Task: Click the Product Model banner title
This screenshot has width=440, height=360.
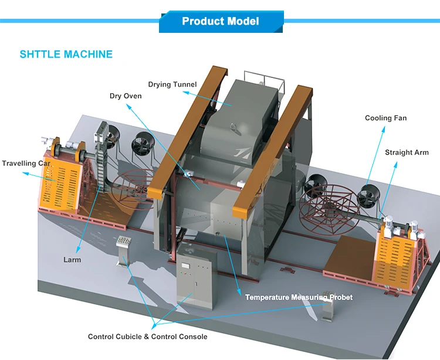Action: (220, 21)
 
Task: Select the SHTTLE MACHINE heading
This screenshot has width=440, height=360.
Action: (66, 54)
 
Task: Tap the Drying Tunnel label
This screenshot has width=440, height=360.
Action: (172, 84)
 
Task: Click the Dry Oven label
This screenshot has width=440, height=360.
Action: (126, 96)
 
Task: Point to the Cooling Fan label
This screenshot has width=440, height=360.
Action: (385, 118)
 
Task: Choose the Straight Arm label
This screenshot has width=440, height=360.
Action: (407, 152)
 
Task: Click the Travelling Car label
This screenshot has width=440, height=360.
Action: (26, 163)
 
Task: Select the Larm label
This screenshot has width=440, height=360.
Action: (72, 260)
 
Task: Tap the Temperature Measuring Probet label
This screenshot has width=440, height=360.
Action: (299, 297)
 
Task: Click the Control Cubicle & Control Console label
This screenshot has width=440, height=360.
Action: (148, 337)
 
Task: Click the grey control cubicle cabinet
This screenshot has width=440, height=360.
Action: (196, 277)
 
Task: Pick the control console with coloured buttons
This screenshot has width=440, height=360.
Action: (123, 250)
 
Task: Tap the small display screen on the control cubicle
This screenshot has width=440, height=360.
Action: (185, 266)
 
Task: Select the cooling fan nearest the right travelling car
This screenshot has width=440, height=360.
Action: (368, 196)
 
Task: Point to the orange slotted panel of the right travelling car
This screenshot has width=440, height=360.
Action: (395, 260)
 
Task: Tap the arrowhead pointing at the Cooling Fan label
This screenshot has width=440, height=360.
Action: (383, 129)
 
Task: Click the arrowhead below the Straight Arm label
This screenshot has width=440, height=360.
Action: (395, 165)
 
